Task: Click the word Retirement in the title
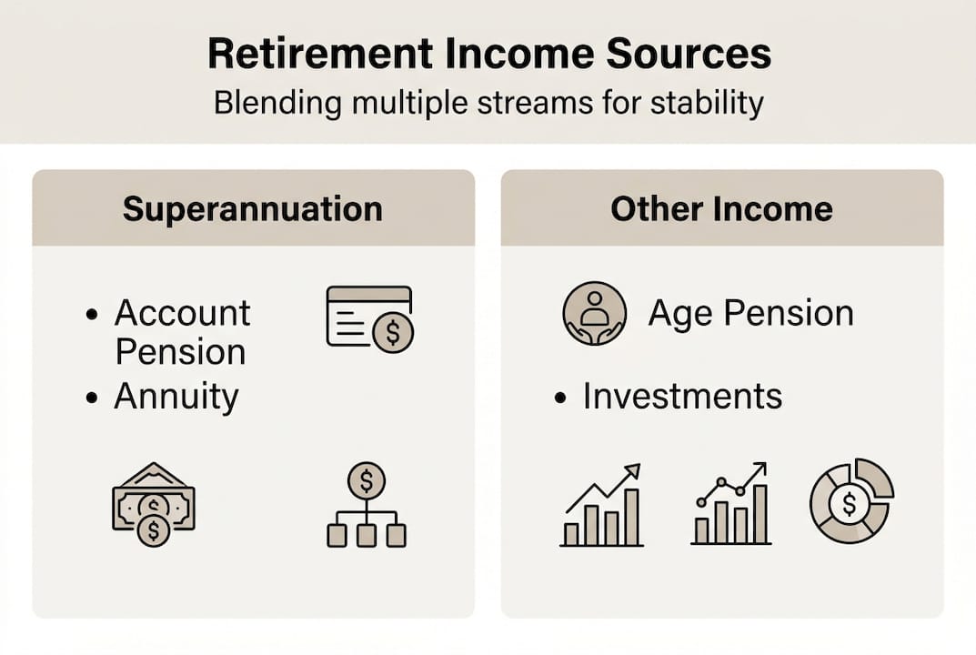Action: click(320, 54)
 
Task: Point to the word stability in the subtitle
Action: click(707, 104)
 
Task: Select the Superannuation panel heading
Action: click(253, 209)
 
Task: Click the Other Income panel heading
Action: click(721, 208)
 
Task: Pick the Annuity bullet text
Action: click(176, 398)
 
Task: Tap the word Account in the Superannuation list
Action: click(183, 313)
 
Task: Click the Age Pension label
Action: click(750, 313)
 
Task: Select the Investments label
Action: click(682, 396)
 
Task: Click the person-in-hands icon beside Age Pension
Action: click(595, 313)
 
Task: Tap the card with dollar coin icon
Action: click(370, 319)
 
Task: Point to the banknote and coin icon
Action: click(154, 504)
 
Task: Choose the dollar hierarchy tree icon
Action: click(367, 505)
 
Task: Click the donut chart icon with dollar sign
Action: click(851, 500)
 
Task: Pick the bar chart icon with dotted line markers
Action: click(731, 504)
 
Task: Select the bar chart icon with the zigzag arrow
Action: click(601, 505)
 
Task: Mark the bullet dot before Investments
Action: click(560, 398)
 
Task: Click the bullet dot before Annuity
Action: click(92, 398)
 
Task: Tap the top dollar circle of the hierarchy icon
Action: click(367, 480)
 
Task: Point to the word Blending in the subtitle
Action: click(277, 104)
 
